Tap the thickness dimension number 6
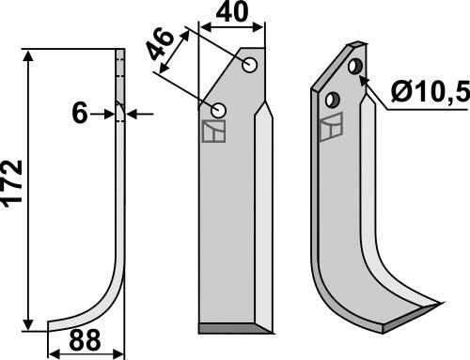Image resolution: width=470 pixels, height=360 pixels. [x=80, y=114]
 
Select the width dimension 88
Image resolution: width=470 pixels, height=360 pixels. [x=86, y=341]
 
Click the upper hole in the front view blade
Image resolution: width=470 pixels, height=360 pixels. [x=249, y=66]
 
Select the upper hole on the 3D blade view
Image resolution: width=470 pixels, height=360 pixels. [x=354, y=68]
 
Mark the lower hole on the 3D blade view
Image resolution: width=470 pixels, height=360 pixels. [x=331, y=98]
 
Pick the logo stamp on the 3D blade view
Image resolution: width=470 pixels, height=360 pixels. [x=330, y=128]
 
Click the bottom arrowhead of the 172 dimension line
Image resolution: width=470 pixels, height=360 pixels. [x=35, y=322]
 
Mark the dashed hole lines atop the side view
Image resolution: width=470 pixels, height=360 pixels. [x=120, y=66]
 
